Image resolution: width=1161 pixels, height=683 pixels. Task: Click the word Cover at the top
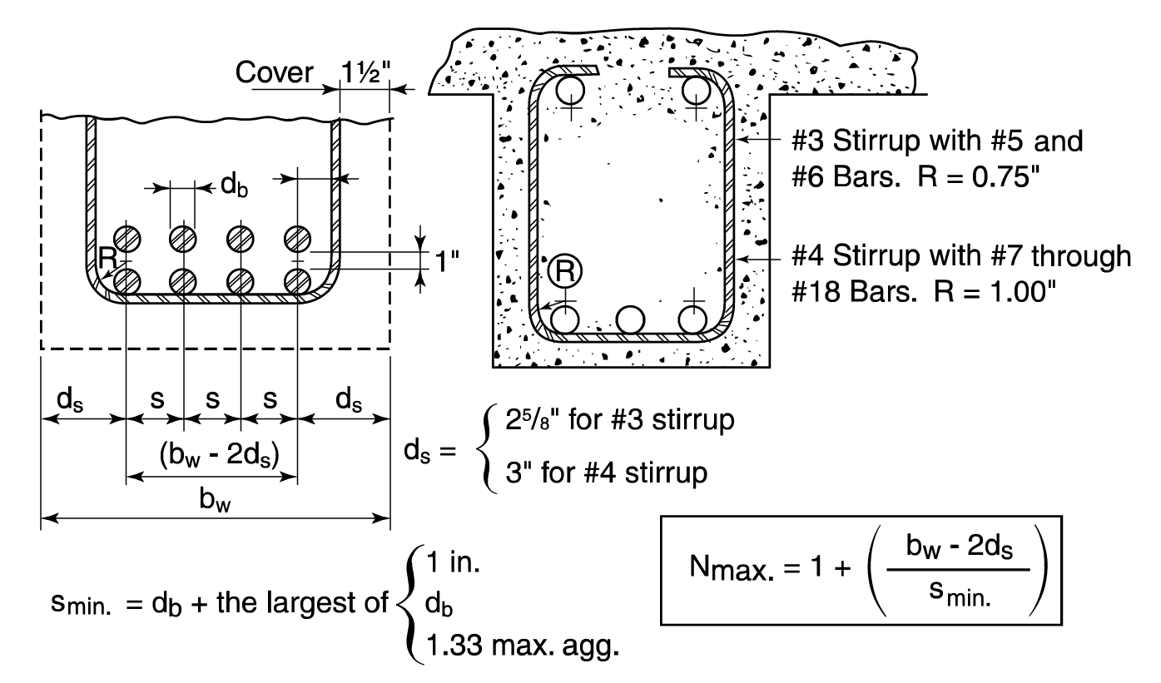coord(275,73)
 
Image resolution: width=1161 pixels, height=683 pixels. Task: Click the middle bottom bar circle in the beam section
coord(630,319)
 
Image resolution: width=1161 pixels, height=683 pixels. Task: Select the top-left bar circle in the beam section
coord(571,88)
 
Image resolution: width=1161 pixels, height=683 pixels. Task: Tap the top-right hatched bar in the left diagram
coord(296,238)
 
